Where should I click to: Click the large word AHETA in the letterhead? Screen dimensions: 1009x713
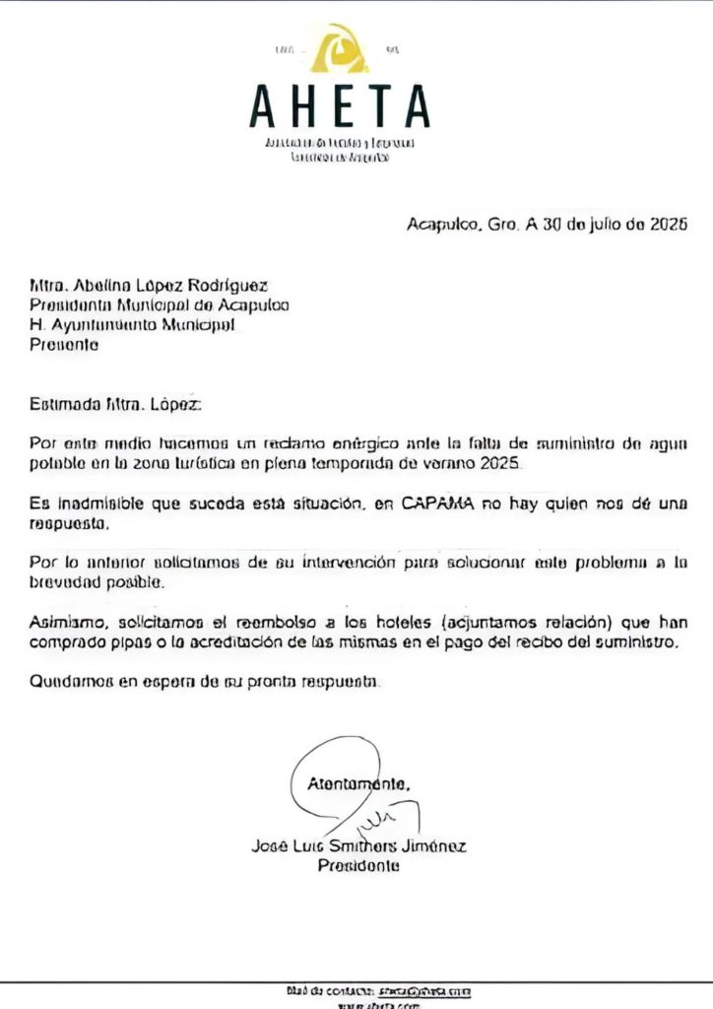point(340,106)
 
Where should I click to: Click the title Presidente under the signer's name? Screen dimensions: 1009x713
point(358,866)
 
